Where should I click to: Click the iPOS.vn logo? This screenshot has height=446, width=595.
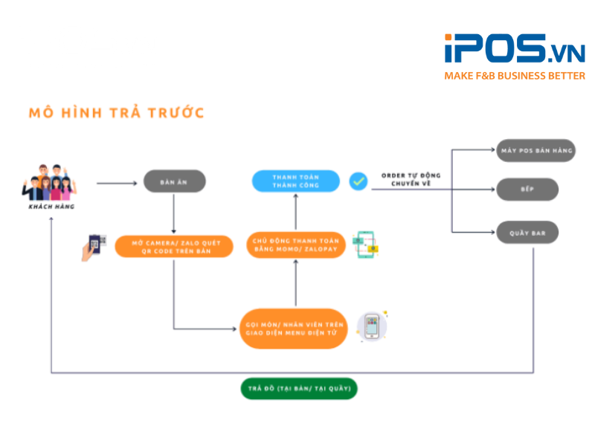click(514, 49)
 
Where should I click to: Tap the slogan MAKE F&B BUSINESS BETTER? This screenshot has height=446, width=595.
click(514, 76)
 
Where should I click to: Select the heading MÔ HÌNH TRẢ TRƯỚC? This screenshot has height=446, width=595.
click(116, 113)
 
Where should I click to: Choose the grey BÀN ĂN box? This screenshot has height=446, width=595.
click(174, 181)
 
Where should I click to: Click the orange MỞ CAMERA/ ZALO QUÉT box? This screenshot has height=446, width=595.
click(174, 246)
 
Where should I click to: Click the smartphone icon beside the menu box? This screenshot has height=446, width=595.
click(372, 327)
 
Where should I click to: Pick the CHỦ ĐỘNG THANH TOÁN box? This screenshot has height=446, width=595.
click(296, 245)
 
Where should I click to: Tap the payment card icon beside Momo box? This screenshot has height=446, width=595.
click(366, 245)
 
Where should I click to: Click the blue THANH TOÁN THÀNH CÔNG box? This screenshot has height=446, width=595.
click(295, 181)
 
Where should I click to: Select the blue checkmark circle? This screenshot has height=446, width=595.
click(358, 181)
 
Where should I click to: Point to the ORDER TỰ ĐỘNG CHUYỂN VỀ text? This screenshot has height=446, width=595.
click(411, 179)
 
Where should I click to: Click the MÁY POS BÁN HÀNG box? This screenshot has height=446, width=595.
click(527, 151)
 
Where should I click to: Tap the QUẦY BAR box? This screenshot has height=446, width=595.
click(527, 233)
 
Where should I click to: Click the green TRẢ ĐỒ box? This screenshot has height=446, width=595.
click(299, 388)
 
